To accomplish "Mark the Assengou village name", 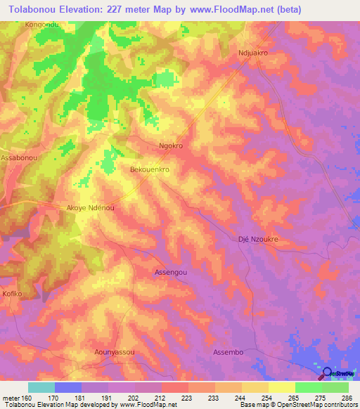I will click(171, 271).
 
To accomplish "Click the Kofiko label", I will click(13, 293).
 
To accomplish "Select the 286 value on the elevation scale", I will click(347, 398).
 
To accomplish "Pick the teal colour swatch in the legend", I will click(41, 387).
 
